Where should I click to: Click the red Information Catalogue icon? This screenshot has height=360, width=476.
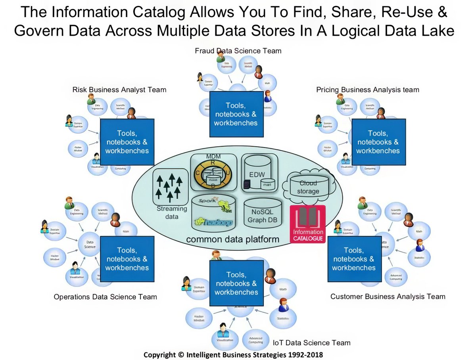point(307,224)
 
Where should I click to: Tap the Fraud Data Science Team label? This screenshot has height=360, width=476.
point(238,51)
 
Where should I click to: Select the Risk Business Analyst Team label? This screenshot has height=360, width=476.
point(119,90)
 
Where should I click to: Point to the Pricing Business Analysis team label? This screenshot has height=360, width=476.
point(367,90)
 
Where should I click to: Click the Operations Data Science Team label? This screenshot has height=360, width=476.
point(105,297)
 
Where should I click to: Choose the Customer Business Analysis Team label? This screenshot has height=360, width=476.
point(388,296)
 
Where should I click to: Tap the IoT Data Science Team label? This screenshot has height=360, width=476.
point(312,343)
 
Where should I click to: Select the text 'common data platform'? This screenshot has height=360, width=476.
point(232,239)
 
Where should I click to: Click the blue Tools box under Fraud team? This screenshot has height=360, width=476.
point(236,114)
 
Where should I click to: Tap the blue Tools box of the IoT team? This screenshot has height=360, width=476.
point(236,283)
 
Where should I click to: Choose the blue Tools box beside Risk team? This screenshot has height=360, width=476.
point(127,142)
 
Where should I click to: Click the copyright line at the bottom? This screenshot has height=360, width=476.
point(233,354)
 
